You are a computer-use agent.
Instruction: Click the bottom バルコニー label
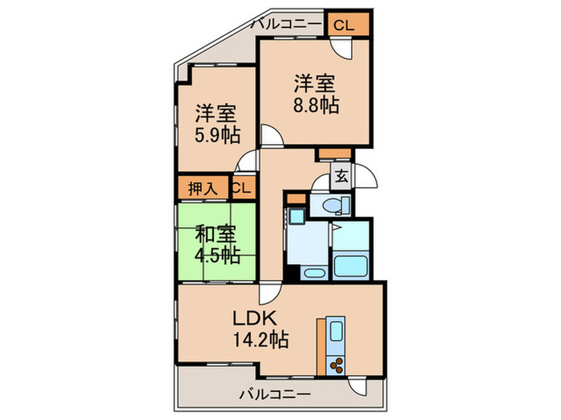(275, 394)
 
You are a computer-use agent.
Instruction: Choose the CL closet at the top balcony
(343, 24)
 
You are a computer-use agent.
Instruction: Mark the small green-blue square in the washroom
(296, 217)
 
